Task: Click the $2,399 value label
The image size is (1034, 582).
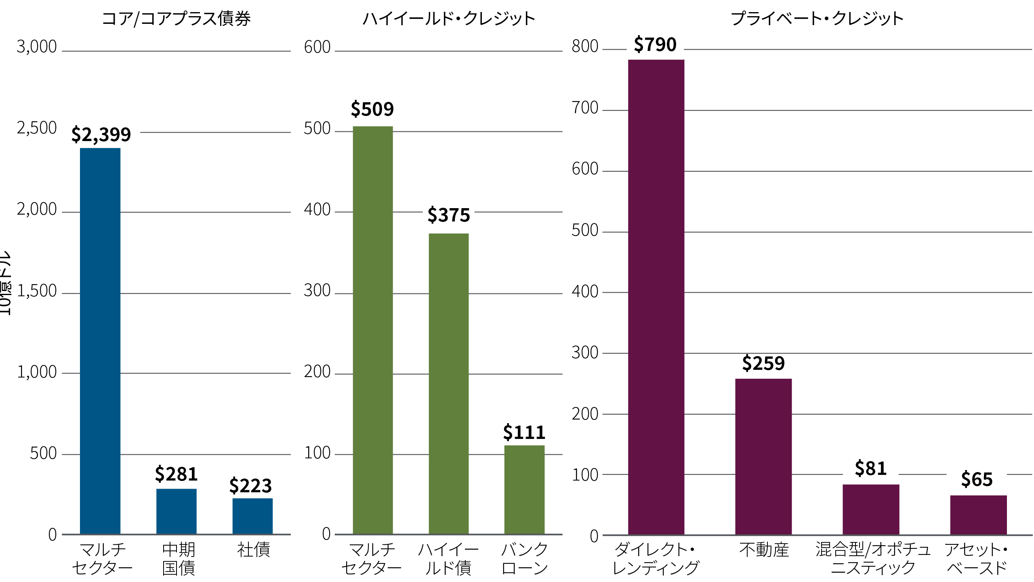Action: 101,134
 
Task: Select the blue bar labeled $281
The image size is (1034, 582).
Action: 177,511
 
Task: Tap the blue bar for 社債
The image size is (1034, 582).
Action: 252,516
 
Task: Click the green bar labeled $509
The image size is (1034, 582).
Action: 372,329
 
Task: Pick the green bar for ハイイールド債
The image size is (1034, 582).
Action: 448,383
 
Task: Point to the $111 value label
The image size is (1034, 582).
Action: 524,432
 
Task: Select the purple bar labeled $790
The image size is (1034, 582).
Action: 656,297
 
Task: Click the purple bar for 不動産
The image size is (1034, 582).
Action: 763,456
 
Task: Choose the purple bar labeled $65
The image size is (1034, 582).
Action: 978,515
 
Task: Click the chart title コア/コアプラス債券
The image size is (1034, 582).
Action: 176,19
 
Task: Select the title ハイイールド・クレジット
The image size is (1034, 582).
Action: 448,19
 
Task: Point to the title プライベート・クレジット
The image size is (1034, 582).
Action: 817,19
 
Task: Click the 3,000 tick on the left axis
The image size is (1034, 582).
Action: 37,47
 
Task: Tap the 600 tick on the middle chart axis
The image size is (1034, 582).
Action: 317,47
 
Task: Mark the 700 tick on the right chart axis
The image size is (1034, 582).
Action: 585,108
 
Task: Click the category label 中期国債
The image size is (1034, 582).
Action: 179,559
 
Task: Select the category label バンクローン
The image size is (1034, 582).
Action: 524,559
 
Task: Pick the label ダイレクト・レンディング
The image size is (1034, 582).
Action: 655,559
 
